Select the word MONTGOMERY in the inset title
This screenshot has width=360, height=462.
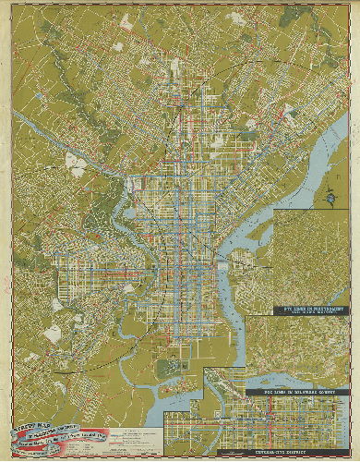pyautogui.click(x=319, y=309)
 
